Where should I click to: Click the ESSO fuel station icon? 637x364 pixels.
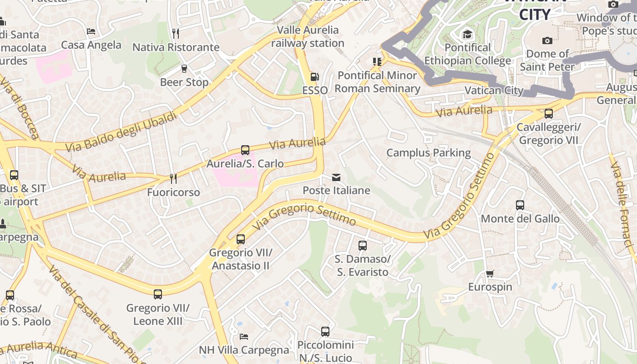314,77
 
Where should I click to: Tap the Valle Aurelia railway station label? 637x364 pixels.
308,36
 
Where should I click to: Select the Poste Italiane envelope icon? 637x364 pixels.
336,177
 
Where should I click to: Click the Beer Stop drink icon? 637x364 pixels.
184,69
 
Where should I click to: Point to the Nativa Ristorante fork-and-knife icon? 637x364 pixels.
176,34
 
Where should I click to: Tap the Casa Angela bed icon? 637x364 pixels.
91,31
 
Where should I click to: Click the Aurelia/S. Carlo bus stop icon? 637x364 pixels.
245,150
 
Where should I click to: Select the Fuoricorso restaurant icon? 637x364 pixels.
173,179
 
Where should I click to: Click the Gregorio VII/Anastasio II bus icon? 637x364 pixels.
241,239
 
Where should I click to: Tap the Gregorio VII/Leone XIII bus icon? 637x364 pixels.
158,294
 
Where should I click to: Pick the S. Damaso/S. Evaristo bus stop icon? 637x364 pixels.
363,246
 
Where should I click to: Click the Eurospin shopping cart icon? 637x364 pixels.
490,274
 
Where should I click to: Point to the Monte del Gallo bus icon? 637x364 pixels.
520,205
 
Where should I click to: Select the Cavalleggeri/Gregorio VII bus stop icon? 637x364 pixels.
549,114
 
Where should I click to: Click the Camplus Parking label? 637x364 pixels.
428,153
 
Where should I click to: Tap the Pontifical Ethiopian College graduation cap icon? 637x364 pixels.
467,34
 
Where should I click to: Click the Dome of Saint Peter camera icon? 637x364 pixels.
547,40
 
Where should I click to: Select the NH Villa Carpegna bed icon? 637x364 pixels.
244,337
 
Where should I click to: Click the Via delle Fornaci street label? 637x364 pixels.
622,205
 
